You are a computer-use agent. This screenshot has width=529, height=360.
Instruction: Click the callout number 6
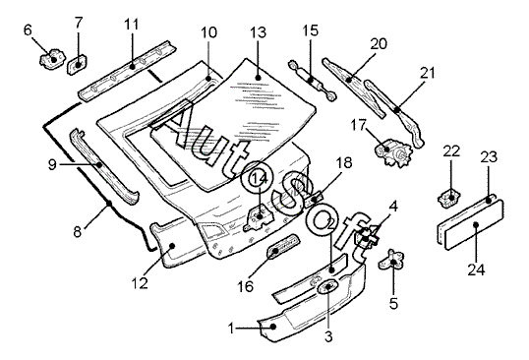[x=28, y=30]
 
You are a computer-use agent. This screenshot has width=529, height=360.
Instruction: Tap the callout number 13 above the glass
[x=258, y=32]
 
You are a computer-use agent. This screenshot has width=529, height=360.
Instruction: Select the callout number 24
[x=476, y=270]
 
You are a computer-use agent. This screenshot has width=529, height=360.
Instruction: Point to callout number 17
[x=358, y=125]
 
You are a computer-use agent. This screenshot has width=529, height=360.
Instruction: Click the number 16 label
[x=245, y=287]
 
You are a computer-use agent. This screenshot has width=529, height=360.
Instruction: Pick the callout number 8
[x=78, y=232]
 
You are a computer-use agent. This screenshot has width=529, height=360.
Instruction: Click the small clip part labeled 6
[x=52, y=59]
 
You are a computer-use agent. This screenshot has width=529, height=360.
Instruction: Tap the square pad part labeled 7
[x=78, y=64]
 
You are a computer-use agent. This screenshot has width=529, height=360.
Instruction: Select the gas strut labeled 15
[x=312, y=80]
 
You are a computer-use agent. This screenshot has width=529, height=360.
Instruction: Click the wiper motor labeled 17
[x=393, y=152]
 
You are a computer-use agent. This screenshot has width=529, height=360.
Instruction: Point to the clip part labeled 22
[x=449, y=198]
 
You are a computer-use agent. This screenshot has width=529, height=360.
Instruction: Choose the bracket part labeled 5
[x=392, y=260]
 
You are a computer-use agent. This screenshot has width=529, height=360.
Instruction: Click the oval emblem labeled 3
[x=326, y=286]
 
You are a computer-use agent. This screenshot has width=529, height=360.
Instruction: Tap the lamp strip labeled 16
[x=283, y=246]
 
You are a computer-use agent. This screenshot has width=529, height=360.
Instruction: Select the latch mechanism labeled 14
[x=259, y=217]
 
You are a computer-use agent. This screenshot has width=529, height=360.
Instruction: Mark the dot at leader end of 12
[x=172, y=246]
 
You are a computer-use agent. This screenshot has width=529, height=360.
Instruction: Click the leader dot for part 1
[x=273, y=327]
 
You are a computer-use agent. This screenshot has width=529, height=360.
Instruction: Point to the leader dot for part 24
[x=476, y=224]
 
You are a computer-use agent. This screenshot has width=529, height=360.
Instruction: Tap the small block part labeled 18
[x=314, y=199]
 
